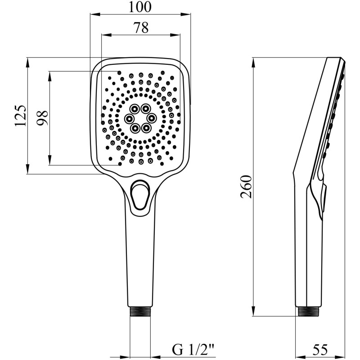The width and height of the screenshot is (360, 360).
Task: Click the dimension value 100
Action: pyautogui.click(x=140, y=7)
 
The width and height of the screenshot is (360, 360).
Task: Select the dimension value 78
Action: pyautogui.click(x=141, y=27)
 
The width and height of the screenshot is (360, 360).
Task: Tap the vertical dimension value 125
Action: pyautogui.click(x=20, y=116)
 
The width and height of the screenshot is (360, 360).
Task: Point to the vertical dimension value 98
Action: pyautogui.click(x=42, y=118)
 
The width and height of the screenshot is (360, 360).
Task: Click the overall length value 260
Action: pyautogui.click(x=246, y=187)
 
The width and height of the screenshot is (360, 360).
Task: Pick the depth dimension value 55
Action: pyautogui.click(x=320, y=350)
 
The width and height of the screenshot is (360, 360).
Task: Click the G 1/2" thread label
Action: pyautogui.click(x=193, y=350)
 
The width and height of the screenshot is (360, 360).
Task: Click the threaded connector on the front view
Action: pyautogui.click(x=140, y=312)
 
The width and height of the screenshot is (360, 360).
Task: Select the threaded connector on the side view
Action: pyautogui.click(x=308, y=311)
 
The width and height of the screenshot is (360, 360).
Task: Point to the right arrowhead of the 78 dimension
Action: pyautogui.click(x=175, y=35)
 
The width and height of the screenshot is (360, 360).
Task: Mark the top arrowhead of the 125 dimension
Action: pyautogui.click(x=28, y=63)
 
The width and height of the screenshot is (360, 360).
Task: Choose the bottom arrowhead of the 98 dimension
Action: pyautogui.click(x=49, y=160)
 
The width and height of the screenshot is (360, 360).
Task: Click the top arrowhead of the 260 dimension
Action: pyautogui.click(x=253, y=63)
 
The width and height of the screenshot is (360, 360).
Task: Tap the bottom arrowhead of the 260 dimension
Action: pyautogui.click(x=253, y=311)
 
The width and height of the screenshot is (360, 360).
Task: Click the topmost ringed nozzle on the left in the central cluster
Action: pyautogui.click(x=134, y=108)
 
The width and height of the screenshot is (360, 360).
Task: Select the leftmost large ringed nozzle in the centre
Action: pyautogui.click(x=129, y=118)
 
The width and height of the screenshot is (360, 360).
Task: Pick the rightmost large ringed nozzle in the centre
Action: pyautogui.click(x=151, y=118)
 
